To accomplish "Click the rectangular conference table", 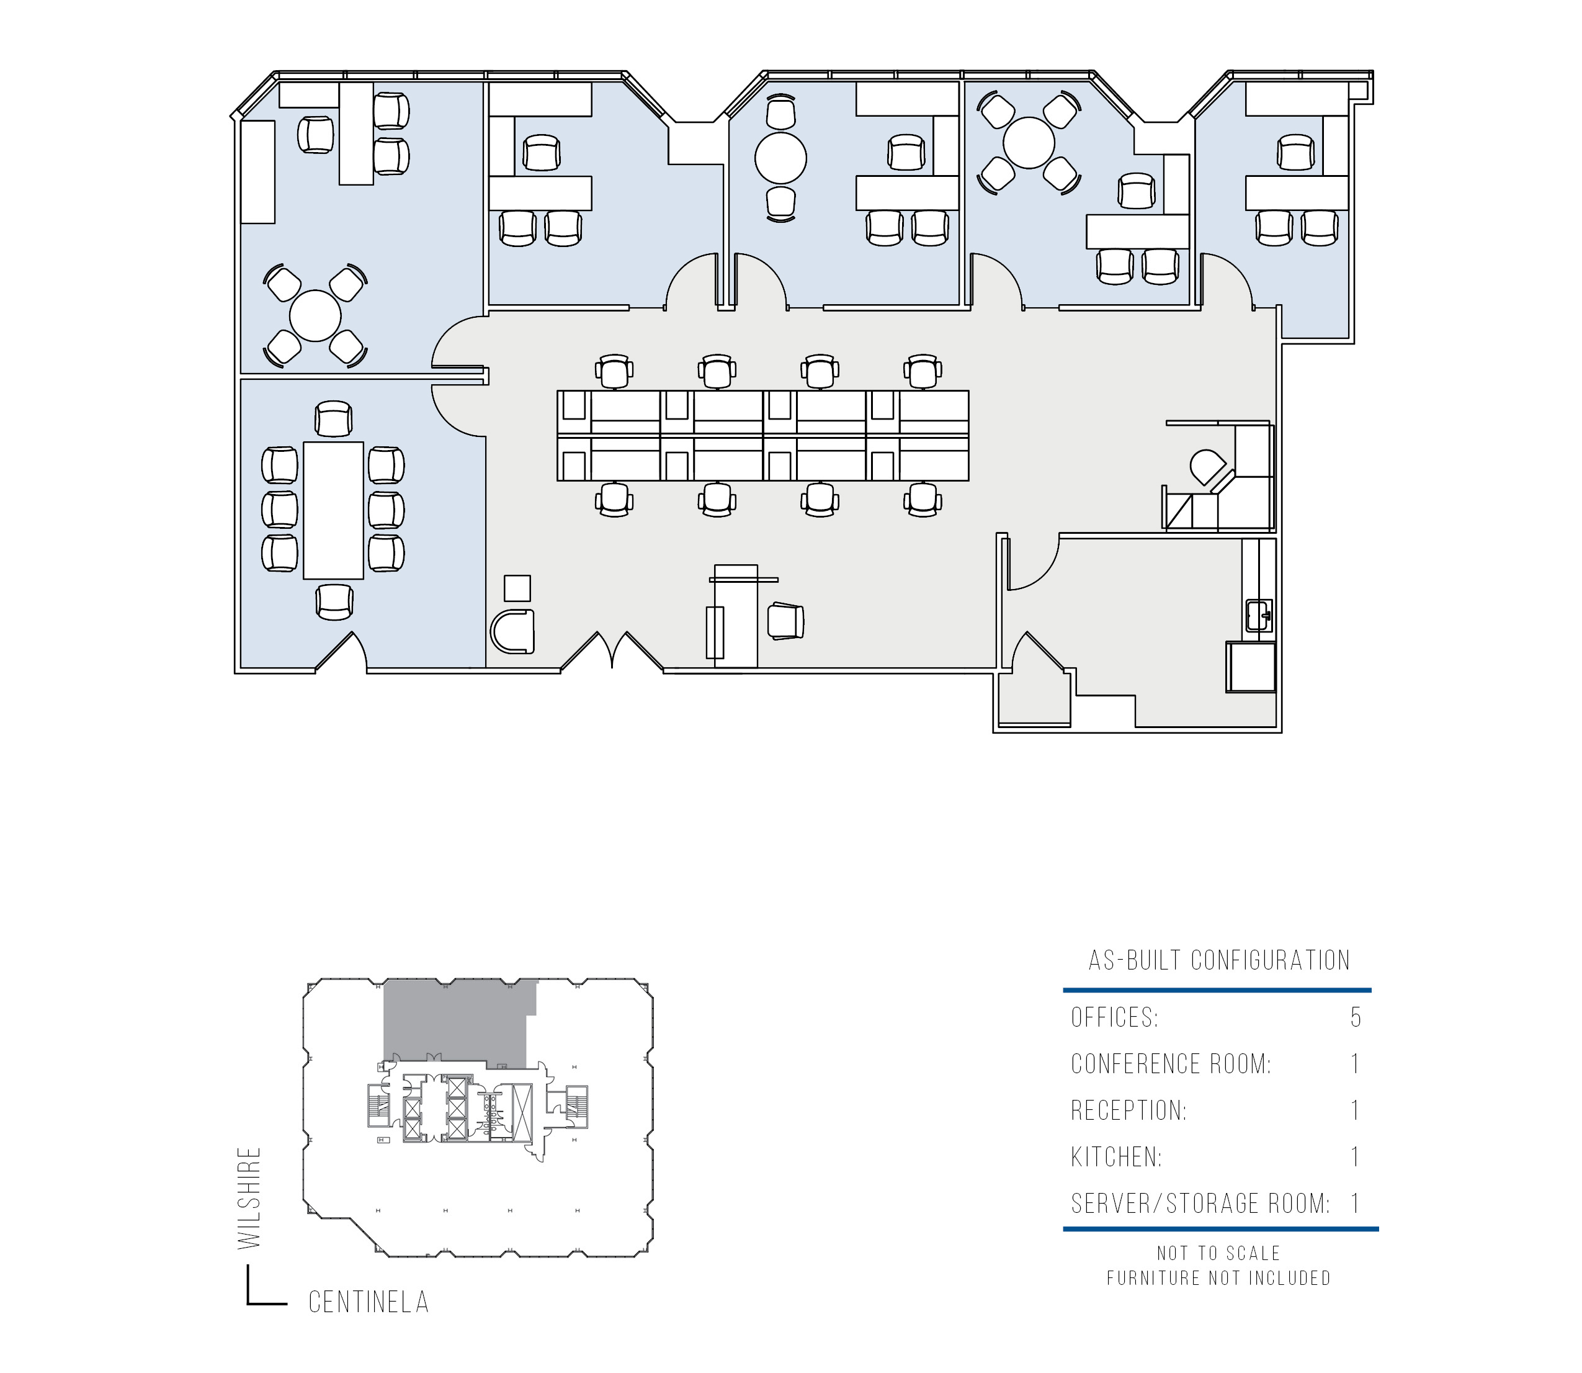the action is point(333,510).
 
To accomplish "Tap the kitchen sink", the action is point(1259,615).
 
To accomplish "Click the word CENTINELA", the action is point(369,1302).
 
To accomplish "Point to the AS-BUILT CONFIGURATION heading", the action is point(1219,960).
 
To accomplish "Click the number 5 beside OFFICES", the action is point(1356,1017).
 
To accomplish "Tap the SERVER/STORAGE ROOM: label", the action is point(1200,1204).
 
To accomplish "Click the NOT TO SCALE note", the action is point(1219,1253).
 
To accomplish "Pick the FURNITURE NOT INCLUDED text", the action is point(1219,1278).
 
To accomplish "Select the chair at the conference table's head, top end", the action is point(333,419).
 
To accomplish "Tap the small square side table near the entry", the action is point(517,588).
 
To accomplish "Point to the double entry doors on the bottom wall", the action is point(612,652).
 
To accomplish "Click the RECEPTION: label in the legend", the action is point(1128,1110).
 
